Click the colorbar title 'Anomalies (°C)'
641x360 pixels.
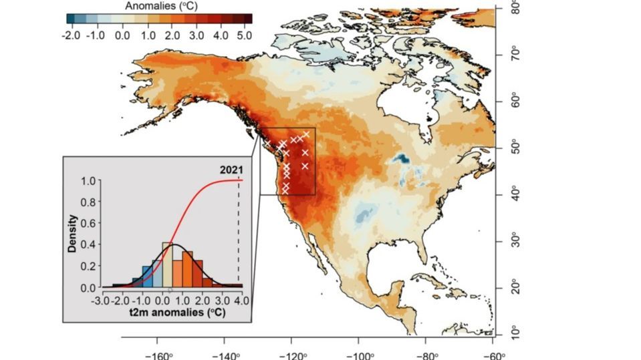158,5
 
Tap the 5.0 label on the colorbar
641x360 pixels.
244,35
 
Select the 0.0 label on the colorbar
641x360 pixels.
122,35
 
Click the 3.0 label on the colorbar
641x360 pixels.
197,35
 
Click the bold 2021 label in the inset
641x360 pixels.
231,170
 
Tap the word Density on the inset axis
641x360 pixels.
72,233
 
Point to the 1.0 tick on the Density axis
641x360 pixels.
88,180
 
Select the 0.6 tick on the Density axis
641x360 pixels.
88,223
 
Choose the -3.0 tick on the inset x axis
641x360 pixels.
102,302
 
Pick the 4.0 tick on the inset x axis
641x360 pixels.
243,302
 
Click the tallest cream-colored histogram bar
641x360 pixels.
168,265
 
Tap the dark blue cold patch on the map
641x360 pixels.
402,159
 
